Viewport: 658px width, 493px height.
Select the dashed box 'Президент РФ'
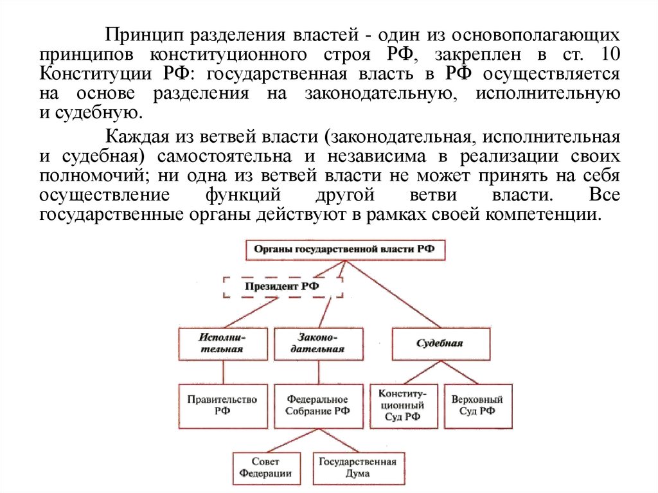coord(283,286)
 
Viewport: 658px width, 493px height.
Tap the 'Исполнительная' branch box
coord(224,343)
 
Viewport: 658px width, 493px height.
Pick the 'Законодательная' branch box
coord(318,343)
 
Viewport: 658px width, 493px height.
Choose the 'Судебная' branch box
coord(440,343)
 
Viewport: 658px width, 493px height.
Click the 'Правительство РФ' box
coord(223,406)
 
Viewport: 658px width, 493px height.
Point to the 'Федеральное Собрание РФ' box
coord(318,406)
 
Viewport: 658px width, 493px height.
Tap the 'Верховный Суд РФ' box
coord(477,406)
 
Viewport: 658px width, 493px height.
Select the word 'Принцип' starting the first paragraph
coord(136,33)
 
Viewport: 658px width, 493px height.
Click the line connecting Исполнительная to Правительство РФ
coord(223,372)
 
